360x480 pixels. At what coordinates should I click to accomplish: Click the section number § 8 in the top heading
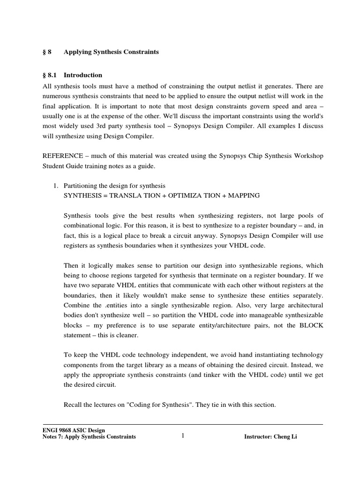tap(46, 52)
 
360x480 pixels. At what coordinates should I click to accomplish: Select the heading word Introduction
tap(83, 75)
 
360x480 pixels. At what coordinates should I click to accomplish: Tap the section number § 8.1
tap(49, 75)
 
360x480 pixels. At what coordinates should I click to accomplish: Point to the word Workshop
tap(307, 156)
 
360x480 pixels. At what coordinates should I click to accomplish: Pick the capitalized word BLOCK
tap(311, 326)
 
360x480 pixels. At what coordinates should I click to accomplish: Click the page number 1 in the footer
tap(183, 436)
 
